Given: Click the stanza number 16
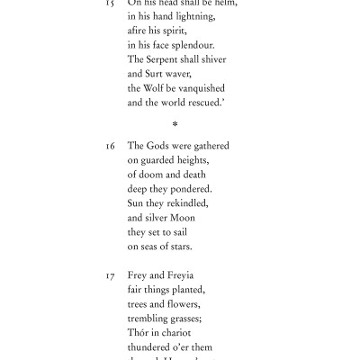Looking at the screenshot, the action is (x=111, y=146).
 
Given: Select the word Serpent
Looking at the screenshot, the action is (x=163, y=59).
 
